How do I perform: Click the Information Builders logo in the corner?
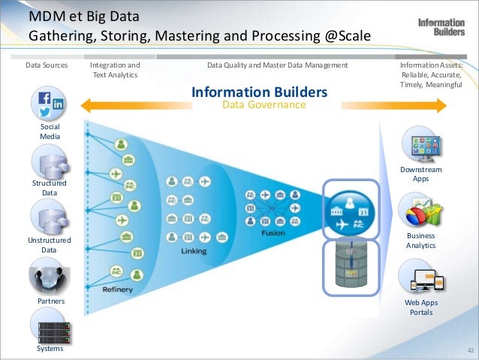click(441, 27)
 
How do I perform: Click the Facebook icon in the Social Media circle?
click(44, 98)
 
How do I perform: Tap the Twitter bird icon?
click(45, 113)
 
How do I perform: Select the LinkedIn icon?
click(57, 104)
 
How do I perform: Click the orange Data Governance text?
click(264, 106)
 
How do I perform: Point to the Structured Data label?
click(50, 188)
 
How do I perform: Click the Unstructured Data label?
click(50, 245)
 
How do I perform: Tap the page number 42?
click(471, 351)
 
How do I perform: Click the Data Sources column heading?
click(47, 65)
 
